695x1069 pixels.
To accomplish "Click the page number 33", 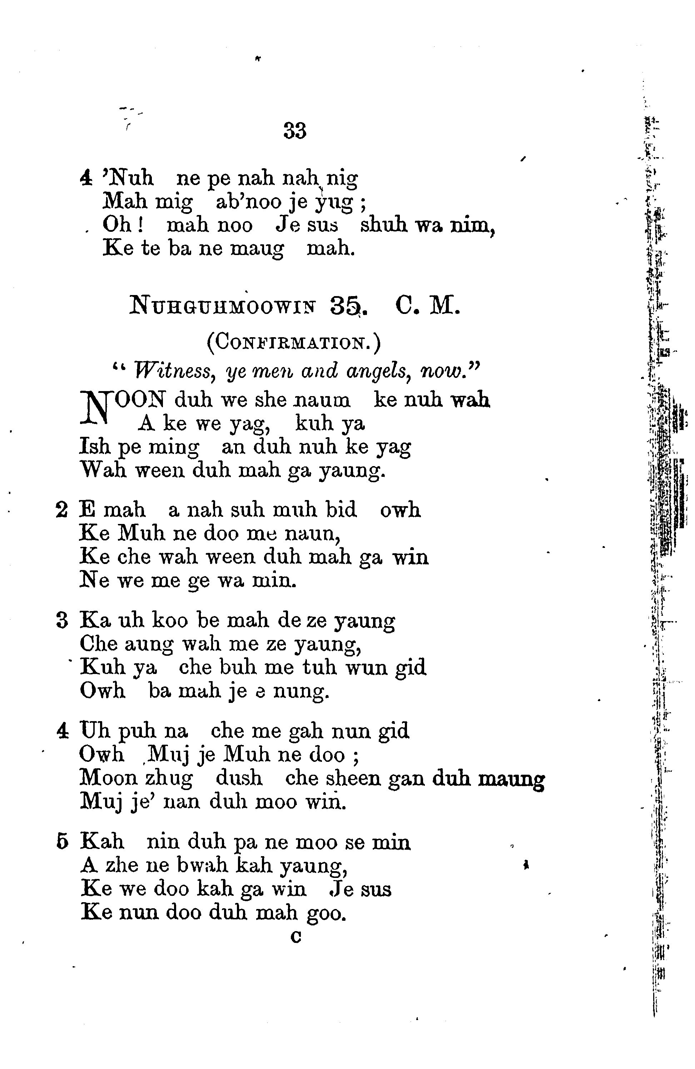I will point(295,131).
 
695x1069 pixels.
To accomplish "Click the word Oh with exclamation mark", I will point(122,225).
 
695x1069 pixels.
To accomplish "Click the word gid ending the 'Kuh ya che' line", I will point(411,668).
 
